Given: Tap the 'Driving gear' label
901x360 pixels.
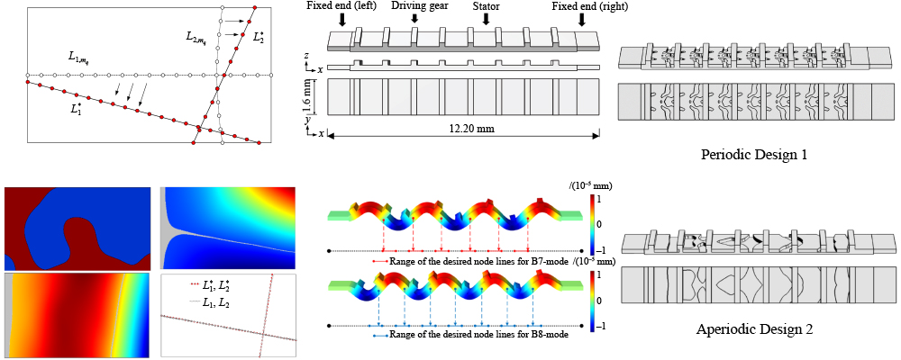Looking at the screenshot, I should point(415,6).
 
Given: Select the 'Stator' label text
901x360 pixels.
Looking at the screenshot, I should point(486,6).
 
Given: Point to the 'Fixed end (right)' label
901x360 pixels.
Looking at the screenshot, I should point(590,6).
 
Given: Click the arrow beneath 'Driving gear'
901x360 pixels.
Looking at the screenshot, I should point(415,20).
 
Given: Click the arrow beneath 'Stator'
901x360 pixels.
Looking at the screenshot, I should point(486,20).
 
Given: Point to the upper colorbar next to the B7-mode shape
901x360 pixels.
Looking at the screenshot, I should point(590,222).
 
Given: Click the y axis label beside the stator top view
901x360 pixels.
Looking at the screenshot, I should point(307,118).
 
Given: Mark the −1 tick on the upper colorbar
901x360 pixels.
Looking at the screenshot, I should point(602,250).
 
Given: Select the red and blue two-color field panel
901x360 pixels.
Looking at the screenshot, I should point(78,228).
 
